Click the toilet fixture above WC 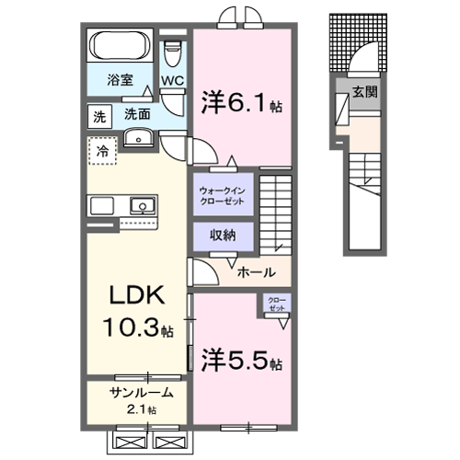pos(172,52)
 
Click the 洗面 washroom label pos(137,115)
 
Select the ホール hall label pos(254,272)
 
